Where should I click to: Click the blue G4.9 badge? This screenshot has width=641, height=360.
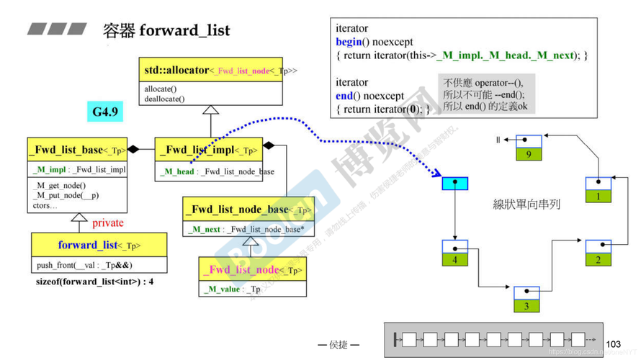pos(104,112)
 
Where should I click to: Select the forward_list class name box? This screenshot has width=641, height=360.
pos(99,245)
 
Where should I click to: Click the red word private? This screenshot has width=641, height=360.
pos(108,222)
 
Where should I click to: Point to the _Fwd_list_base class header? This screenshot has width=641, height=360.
pos(77,150)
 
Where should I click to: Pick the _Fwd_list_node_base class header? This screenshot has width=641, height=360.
pos(248,210)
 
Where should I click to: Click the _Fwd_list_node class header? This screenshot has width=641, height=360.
pos(252,270)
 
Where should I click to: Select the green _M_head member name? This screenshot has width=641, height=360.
pos(179,171)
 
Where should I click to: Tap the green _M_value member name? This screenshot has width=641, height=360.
pos(220,289)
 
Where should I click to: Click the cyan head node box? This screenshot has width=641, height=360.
pos(454,184)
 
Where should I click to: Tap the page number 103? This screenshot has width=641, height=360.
pos(614,345)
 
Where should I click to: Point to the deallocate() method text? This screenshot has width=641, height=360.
pos(165,99)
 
